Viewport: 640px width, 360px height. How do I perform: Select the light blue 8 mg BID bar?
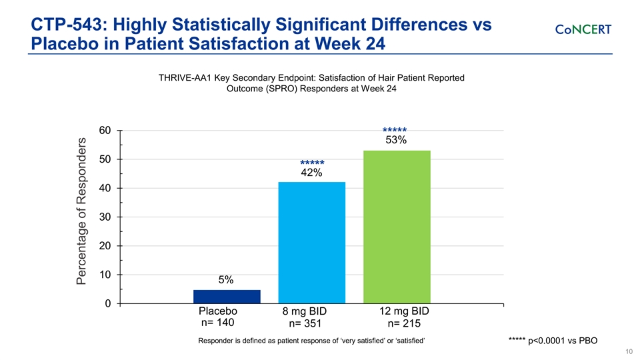coord(311,243)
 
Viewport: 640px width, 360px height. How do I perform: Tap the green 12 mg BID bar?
coord(397,227)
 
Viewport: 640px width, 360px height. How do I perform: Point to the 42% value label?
coord(311,173)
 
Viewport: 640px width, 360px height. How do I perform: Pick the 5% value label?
coord(226,280)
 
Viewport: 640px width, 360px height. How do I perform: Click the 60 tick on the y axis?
coord(105,131)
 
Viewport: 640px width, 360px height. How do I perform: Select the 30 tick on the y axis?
coord(105,217)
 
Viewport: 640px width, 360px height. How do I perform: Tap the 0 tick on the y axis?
coord(108,304)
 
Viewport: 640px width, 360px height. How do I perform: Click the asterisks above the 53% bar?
coord(395,131)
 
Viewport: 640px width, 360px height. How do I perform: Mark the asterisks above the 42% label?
coord(312,163)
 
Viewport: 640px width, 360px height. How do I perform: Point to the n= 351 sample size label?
coord(305,325)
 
